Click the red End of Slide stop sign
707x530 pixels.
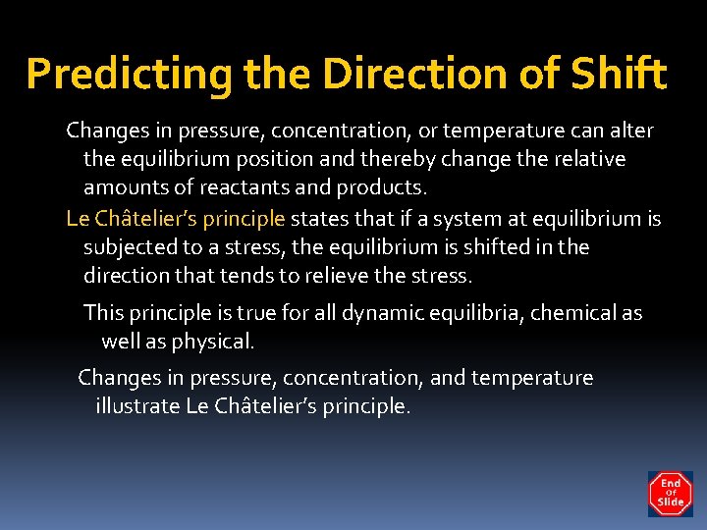670,494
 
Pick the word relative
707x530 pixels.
587,158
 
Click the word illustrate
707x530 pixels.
136,405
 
